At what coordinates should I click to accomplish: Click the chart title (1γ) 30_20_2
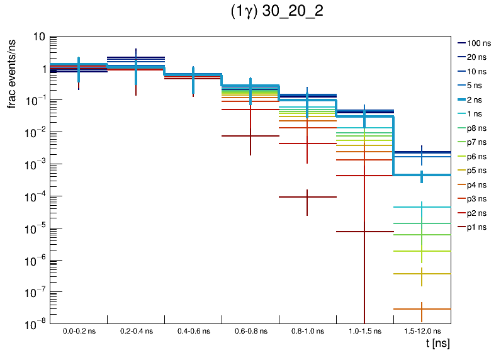(x=277, y=13)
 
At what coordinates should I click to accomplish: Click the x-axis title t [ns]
(x=436, y=344)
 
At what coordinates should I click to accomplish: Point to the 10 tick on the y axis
(x=37, y=37)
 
